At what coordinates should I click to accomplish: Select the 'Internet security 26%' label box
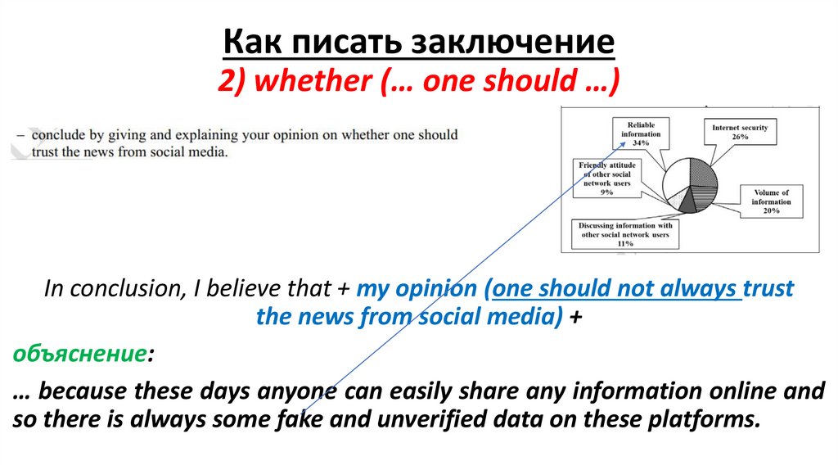(x=740, y=133)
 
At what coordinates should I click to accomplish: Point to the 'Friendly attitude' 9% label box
(x=606, y=179)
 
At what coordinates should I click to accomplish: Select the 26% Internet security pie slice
(x=704, y=173)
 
